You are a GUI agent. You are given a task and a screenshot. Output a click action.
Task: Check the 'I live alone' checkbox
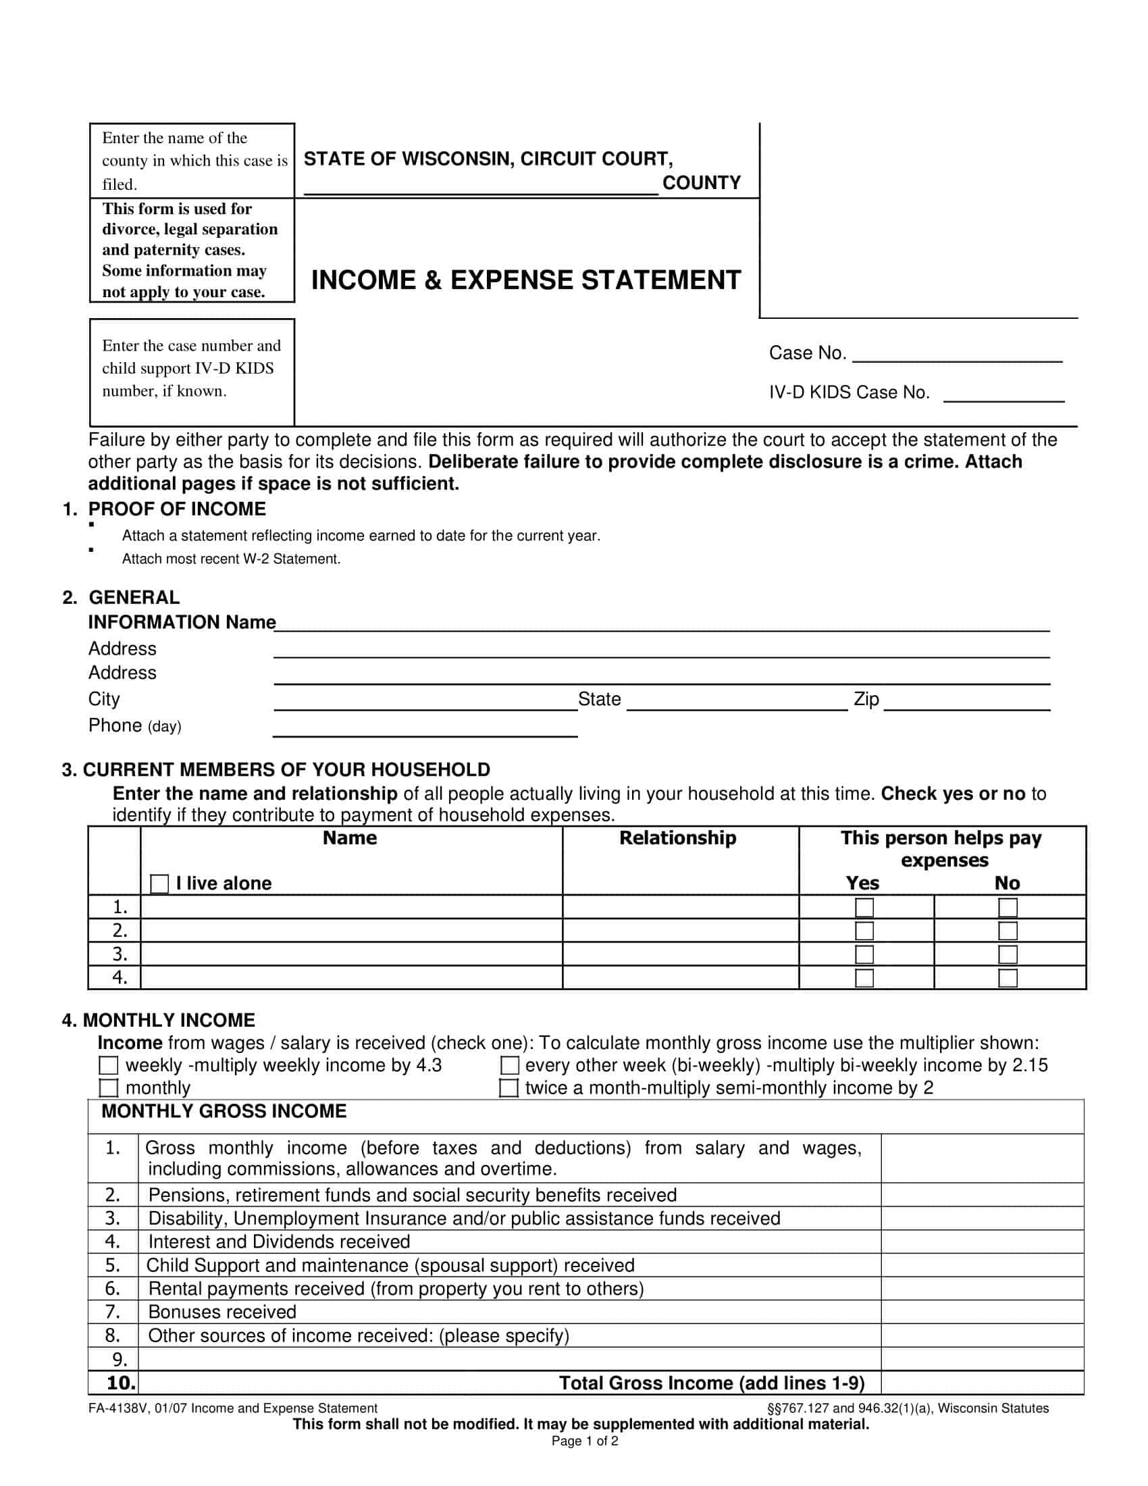point(159,884)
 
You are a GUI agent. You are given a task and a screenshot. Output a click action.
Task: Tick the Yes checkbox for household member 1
point(864,908)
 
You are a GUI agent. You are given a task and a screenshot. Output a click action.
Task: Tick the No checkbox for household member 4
point(1008,978)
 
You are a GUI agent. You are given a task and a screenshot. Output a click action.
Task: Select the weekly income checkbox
point(109,1065)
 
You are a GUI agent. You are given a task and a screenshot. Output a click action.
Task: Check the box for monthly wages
point(109,1087)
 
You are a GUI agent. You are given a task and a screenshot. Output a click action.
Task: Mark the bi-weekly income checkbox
point(509,1065)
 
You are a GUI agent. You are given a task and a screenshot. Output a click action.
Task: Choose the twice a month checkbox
point(508,1087)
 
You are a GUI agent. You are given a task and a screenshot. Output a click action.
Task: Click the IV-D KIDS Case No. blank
point(1003,395)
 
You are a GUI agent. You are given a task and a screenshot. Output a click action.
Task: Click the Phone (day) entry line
point(425,729)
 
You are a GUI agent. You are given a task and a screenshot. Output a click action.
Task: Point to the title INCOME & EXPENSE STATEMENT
point(525,280)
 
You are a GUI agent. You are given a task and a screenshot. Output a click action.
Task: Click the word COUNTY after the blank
point(701,183)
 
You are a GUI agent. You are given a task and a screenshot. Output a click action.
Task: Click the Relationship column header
point(677,838)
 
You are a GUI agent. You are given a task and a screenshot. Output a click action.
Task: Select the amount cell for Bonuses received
point(982,1312)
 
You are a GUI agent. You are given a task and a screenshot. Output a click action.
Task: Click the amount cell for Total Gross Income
point(982,1383)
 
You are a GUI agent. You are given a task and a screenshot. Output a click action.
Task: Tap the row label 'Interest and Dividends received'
point(279,1241)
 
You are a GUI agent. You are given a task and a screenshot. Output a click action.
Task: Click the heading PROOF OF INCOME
point(177,509)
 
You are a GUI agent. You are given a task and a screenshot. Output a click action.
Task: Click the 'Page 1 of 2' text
point(584,1441)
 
